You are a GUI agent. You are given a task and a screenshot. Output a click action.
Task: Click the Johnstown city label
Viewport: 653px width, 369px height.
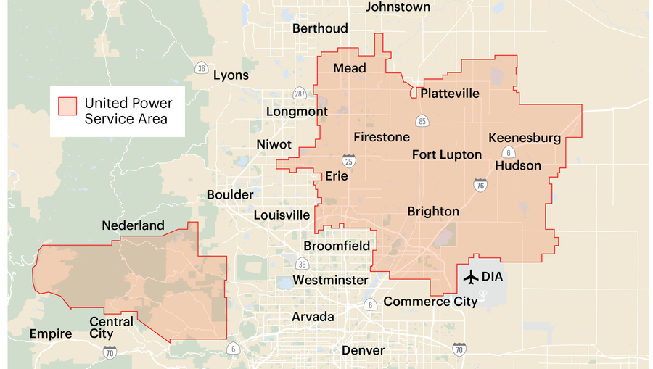coord(398,7)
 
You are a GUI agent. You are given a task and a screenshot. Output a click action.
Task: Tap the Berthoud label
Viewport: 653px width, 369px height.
coord(320,28)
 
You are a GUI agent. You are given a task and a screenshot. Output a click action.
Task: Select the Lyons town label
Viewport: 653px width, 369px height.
coord(231,75)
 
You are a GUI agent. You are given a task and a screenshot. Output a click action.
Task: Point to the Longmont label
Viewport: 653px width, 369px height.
coord(297,112)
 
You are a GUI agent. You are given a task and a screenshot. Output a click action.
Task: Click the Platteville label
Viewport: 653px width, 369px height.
coord(450,93)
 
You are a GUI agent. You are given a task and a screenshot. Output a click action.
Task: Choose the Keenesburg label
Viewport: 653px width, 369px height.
coord(525,138)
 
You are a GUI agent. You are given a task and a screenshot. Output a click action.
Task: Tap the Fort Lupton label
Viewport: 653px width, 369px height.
coord(447,154)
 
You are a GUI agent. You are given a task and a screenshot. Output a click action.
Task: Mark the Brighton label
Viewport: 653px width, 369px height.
coord(433,211)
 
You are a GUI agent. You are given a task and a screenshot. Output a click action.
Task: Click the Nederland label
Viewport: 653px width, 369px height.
coord(133,225)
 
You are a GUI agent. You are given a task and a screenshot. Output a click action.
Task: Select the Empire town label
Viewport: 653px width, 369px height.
coord(51,334)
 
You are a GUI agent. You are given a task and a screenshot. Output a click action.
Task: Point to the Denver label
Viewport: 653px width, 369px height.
coord(363,350)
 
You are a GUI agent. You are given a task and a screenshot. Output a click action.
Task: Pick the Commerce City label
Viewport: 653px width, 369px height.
coord(430,301)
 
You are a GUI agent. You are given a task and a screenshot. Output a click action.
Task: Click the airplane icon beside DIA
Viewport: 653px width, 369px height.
coord(470,276)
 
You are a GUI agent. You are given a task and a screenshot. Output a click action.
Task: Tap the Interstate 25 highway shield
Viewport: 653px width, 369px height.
coord(349,160)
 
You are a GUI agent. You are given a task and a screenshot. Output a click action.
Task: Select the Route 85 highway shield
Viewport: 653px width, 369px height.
coord(422,120)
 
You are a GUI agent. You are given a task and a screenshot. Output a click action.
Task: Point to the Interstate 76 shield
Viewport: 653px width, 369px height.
coord(480,184)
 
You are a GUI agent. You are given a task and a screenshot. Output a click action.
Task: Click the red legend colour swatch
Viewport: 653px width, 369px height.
coord(67,107)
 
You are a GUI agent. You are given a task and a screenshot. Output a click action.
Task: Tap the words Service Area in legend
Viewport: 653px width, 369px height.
coord(126,119)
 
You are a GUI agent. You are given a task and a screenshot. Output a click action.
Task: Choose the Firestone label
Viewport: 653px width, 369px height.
coord(382,137)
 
